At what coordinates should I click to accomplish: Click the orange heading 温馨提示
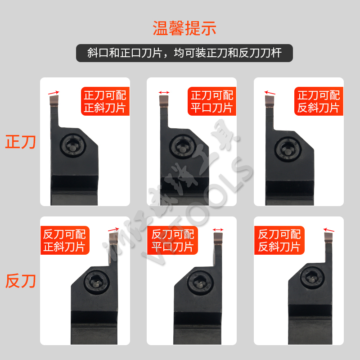(184, 28)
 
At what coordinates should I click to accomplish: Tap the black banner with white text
(184, 53)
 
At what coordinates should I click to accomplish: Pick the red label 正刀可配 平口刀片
(212, 101)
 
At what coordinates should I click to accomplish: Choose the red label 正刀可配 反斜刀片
(319, 101)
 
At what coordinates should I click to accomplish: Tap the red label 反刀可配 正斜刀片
(64, 240)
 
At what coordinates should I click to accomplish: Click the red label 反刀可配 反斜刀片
(279, 240)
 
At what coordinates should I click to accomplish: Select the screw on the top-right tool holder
(286, 147)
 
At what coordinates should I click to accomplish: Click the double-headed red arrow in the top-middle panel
(164, 93)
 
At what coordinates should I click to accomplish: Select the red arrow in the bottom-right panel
(329, 230)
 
